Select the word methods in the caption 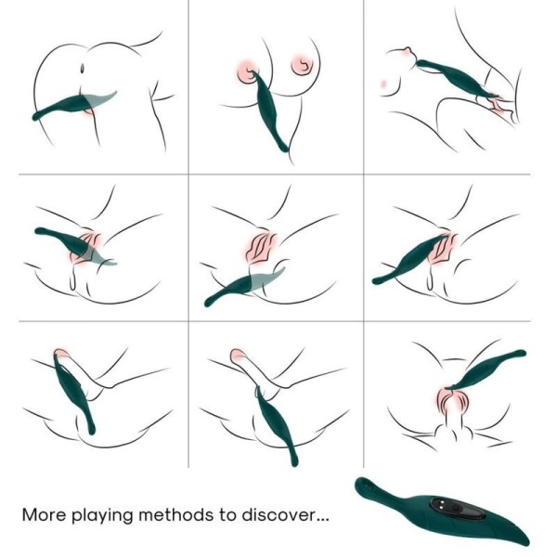191,513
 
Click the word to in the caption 236,513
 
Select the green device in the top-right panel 454,79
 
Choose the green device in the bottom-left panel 73,390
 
